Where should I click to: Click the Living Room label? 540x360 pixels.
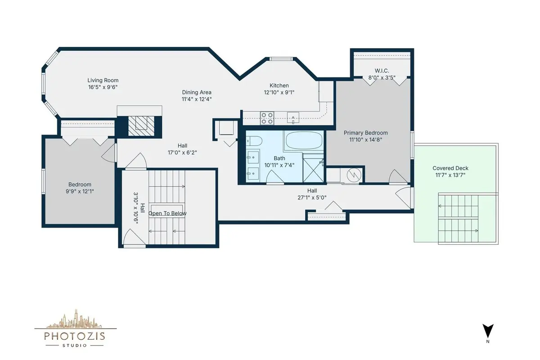pos(103,80)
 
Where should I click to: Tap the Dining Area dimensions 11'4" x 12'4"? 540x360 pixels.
pos(197,99)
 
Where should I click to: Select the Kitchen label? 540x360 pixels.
pos(279,85)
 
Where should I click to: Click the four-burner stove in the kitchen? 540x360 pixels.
pos(267,118)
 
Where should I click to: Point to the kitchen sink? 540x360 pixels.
pos(293,117)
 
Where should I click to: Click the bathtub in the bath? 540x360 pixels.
pos(303,140)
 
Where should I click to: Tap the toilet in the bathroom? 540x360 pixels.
pos(254,141)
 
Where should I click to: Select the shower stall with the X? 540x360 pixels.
pos(313,170)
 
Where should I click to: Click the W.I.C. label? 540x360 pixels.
pos(382,71)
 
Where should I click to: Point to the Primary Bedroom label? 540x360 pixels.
pos(366,133)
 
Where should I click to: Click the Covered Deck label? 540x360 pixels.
pos(450,168)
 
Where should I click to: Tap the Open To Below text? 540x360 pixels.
pos(167,213)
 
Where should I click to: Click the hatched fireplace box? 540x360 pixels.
pos(141,126)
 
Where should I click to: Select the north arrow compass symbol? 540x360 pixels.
pos(488,331)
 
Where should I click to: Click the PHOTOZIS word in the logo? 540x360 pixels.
pos(75,336)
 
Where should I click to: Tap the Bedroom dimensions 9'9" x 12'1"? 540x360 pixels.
pos(80,191)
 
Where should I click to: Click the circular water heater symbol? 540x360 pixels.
pos(354,175)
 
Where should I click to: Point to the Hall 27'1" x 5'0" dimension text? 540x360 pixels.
pos(312,198)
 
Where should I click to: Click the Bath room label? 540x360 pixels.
pos(279,158)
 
